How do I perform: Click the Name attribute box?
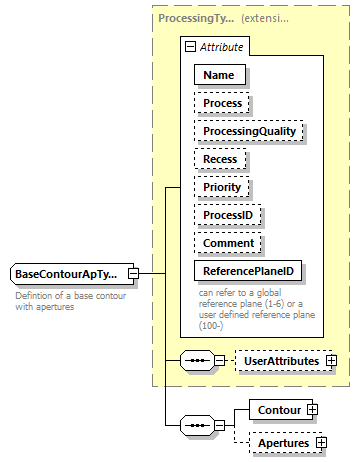(x=219, y=75)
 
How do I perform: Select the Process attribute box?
(x=222, y=103)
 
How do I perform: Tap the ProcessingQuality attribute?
(x=249, y=131)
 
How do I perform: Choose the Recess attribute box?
(x=221, y=158)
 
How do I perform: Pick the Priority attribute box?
(x=223, y=186)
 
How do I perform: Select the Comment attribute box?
(x=229, y=242)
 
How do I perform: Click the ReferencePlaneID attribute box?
(x=248, y=270)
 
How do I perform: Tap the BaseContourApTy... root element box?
(x=67, y=274)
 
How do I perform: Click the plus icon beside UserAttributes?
(x=330, y=359)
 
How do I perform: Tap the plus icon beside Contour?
(x=312, y=409)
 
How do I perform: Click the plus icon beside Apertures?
(x=321, y=442)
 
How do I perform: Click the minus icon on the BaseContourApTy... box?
(x=131, y=274)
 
